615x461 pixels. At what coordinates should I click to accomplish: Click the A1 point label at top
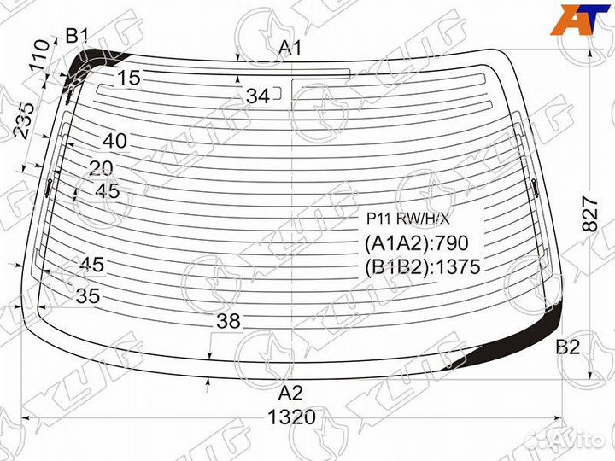pos(290,48)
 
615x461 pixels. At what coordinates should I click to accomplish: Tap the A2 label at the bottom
pos(290,393)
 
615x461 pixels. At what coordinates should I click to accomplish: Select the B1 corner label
pos(77,36)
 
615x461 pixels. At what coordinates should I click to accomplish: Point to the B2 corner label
pos(567,347)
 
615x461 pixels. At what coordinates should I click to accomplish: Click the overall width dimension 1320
pos(291,417)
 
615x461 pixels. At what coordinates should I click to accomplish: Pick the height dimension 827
pos(590,214)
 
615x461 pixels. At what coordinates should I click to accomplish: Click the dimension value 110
pos(41,55)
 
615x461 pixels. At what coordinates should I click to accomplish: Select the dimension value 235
pos(25,120)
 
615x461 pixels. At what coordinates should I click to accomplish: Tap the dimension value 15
pos(129,78)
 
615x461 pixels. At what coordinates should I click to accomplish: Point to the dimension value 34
pos(258,96)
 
